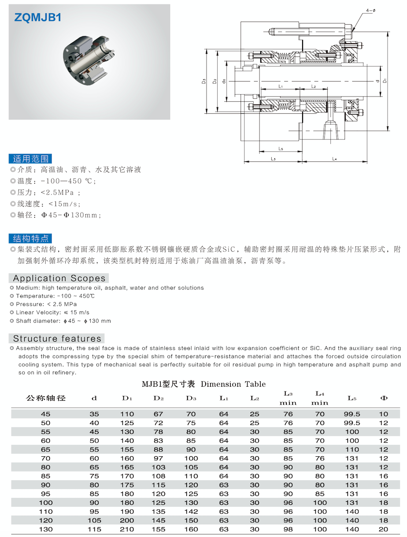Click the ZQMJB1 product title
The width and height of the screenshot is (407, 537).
pos(38,17)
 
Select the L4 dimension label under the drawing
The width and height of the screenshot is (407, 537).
pos(334,159)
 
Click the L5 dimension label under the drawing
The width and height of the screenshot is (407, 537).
pos(281,149)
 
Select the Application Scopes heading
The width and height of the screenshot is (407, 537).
pos(59,278)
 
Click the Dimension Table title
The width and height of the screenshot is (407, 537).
pos(203,384)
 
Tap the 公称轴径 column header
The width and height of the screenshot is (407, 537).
pos(46,398)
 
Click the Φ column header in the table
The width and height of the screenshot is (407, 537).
pos(384,398)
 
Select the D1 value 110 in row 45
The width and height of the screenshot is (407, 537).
pos(127,414)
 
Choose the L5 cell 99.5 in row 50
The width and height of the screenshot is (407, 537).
pos(352,423)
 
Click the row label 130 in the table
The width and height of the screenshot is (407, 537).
pos(46,529)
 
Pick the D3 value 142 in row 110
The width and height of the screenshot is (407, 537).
pos(191,511)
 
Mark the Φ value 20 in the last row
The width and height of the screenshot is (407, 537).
pos(384,529)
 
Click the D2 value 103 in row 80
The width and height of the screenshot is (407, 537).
pos(159,467)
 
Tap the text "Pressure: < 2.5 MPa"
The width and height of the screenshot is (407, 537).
pos(46,304)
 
